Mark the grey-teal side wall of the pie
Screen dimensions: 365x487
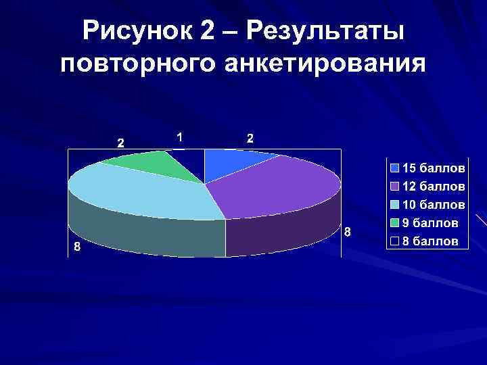click(x=149, y=237)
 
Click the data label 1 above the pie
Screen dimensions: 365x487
click(x=179, y=137)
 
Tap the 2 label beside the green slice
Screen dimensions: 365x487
click(x=120, y=143)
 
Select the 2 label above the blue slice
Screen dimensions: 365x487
click(x=250, y=139)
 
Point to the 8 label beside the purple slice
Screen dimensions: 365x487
click(x=347, y=233)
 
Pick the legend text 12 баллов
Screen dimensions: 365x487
click(x=433, y=185)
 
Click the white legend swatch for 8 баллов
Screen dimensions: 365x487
click(x=394, y=241)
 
